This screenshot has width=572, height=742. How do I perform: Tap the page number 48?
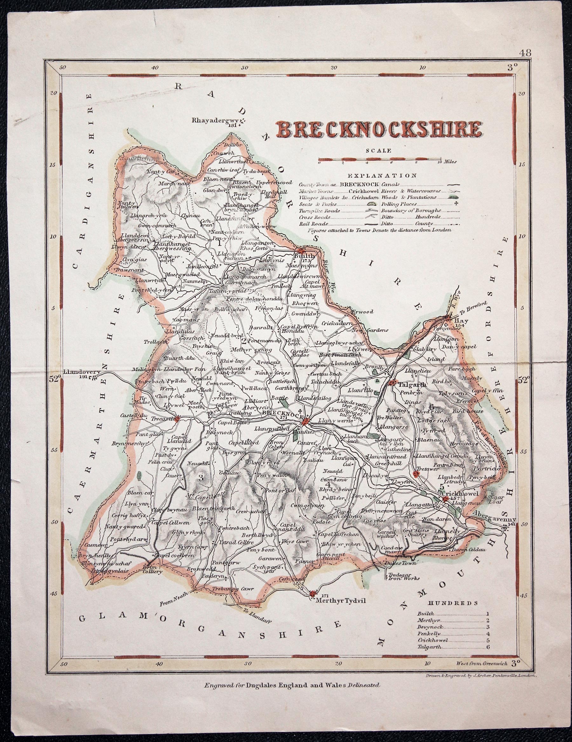point(525,53)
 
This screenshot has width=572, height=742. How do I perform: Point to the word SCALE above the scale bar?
point(379,150)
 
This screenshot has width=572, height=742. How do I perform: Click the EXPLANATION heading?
point(382,176)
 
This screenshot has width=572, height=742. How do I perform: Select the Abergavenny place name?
point(494,520)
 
